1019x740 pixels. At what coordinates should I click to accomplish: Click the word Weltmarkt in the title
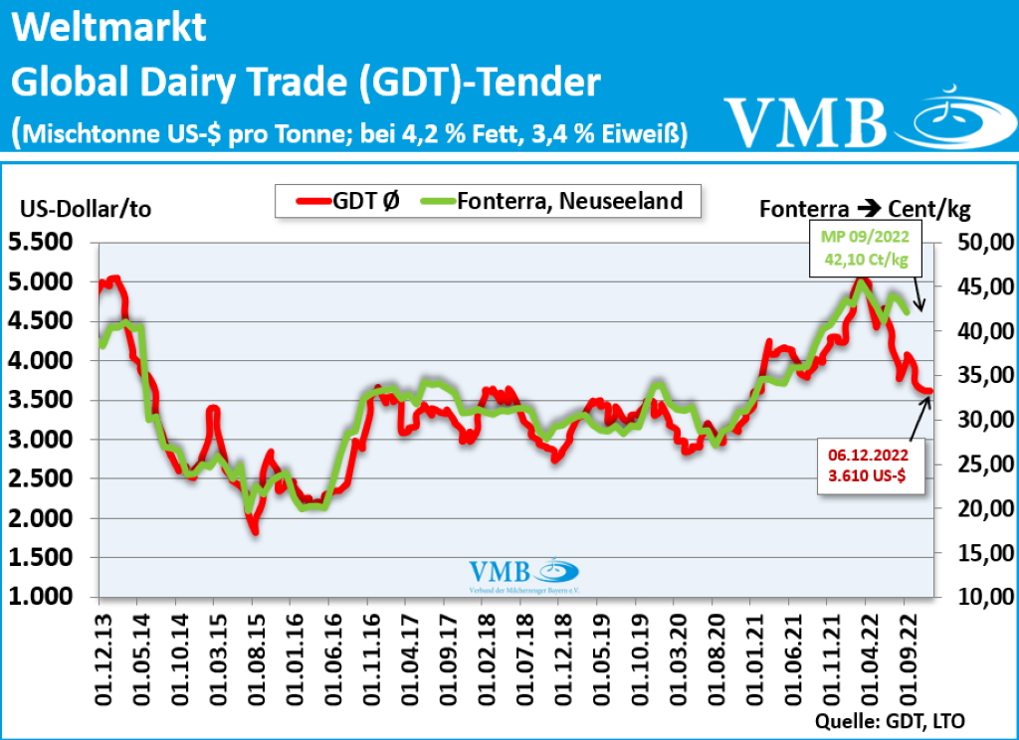(109, 28)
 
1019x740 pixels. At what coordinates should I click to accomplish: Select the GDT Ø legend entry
(347, 201)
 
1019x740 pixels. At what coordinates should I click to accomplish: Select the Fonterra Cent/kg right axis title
(865, 210)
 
